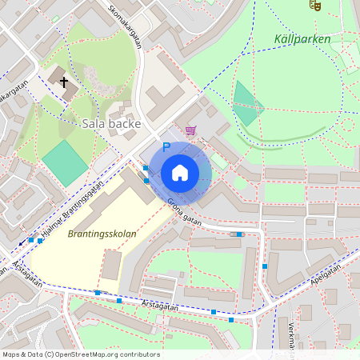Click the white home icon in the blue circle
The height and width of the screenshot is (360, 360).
pyautogui.click(x=180, y=172)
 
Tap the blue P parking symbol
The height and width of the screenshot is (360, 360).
pyautogui.click(x=166, y=147)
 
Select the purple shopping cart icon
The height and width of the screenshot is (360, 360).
pyautogui.click(x=190, y=130)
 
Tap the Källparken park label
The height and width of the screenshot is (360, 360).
pyautogui.click(x=302, y=38)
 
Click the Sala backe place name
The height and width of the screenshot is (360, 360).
pyautogui.click(x=112, y=124)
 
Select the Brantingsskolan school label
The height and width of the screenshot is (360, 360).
pyautogui.click(x=102, y=234)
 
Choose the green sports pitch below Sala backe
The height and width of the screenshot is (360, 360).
pyautogui.click(x=65, y=163)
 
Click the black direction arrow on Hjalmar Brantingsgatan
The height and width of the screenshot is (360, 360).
pyautogui.click(x=22, y=241)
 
